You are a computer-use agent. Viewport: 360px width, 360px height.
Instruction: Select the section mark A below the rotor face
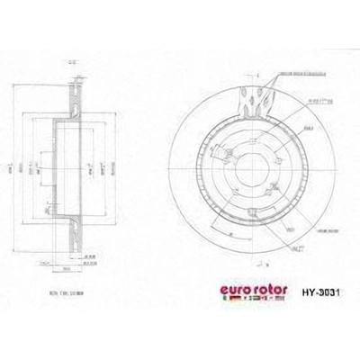tap(256, 266)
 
